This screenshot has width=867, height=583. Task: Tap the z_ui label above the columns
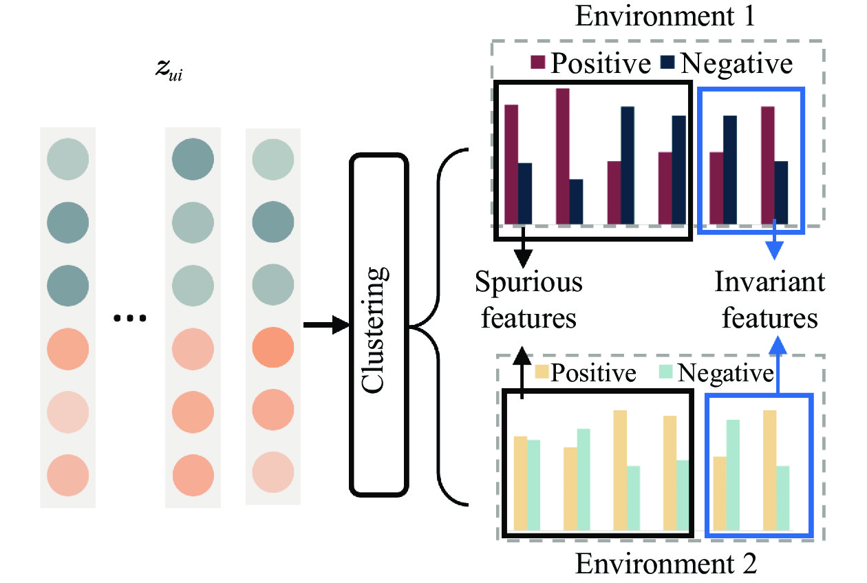tap(169, 70)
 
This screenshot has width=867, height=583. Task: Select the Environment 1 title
tap(665, 16)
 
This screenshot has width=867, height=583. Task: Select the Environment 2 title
tap(666, 563)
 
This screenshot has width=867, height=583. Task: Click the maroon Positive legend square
tap(537, 62)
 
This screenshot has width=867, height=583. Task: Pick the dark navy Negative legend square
tap(667, 62)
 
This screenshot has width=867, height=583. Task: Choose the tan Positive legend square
tap(542, 371)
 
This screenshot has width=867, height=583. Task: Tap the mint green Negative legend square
tap(666, 371)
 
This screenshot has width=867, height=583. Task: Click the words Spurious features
tap(528, 299)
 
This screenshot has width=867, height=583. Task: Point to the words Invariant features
tap(769, 299)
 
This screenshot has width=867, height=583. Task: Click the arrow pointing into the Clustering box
tap(326, 325)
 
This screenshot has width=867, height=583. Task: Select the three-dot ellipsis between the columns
tap(130, 318)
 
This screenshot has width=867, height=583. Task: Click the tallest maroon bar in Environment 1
tap(563, 156)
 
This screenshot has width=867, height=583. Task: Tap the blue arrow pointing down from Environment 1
tap(774, 240)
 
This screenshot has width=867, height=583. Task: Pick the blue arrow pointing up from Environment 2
tap(778, 365)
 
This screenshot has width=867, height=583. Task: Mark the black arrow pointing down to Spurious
tap(523, 247)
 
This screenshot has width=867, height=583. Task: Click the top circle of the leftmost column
tap(67, 159)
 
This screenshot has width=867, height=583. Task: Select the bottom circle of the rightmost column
tap(273, 472)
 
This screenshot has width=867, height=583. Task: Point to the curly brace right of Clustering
tap(438, 327)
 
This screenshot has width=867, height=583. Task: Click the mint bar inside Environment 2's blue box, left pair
tap(733, 475)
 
